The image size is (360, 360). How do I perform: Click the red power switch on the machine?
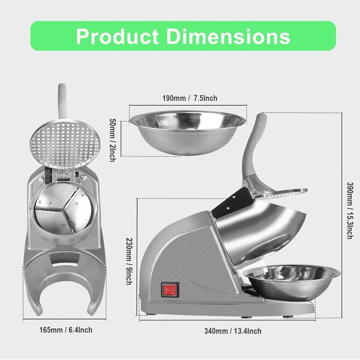click(x=169, y=290)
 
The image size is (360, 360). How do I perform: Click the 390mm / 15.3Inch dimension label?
click(x=348, y=209)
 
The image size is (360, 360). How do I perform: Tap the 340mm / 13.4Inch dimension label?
click(x=233, y=331)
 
